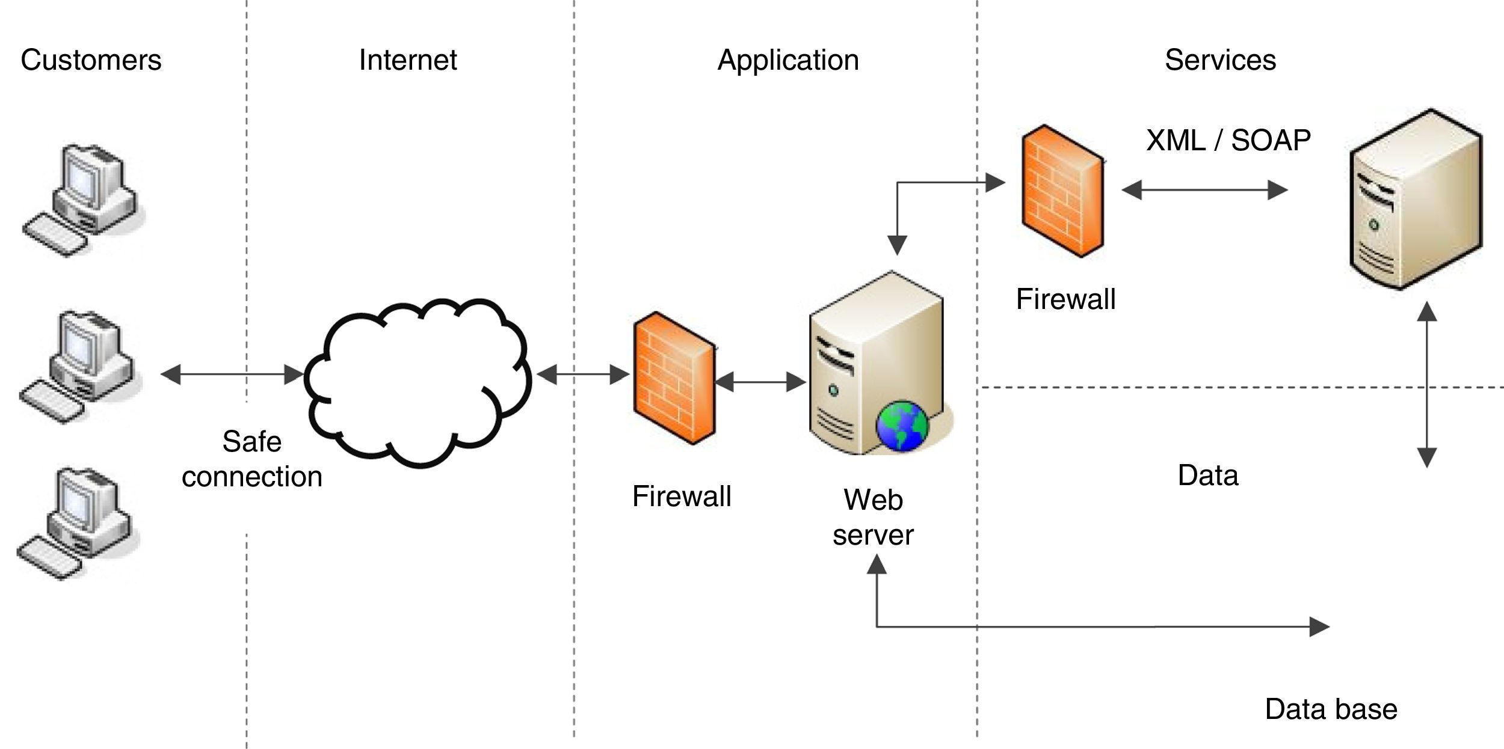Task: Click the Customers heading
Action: click(91, 60)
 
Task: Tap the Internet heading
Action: click(408, 60)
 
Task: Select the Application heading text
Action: click(788, 60)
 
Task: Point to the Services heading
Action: click(1220, 60)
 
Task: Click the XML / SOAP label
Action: click(1228, 141)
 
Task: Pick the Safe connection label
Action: click(252, 459)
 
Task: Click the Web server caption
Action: click(873, 517)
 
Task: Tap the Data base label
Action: click(1331, 709)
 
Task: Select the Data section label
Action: click(1208, 475)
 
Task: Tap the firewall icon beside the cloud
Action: click(674, 378)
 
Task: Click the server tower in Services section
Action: click(1416, 200)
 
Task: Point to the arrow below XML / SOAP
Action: click(1204, 190)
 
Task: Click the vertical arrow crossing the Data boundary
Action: click(1427, 385)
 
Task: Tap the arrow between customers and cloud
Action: click(232, 374)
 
